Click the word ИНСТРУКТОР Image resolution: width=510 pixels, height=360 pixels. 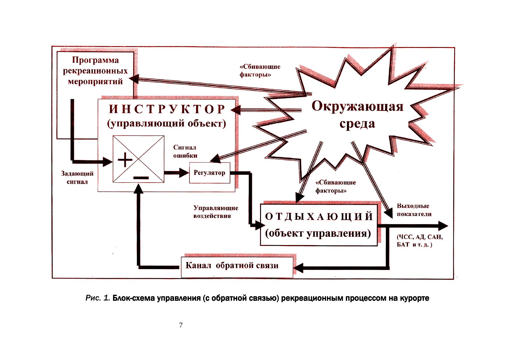pos(167,109)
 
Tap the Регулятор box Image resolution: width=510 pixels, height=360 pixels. pos(210,173)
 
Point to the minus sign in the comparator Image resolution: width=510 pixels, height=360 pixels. pos(141,177)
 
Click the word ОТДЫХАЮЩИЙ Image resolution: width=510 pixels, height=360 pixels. pos(319,217)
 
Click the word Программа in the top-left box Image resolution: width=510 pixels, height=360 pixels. pos(95,60)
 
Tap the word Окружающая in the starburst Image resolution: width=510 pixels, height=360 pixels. pos(357,106)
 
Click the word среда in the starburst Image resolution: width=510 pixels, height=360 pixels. pos(357,124)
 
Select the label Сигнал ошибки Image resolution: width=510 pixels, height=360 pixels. pos(185,152)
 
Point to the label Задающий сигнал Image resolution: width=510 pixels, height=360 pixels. pos(77,178)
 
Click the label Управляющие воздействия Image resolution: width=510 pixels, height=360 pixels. pos(216,212)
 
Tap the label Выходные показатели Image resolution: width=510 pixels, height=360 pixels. pos(414,210)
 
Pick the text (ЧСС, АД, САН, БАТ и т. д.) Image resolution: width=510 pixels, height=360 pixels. pos(420,241)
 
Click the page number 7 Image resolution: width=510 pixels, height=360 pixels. pos(181,325)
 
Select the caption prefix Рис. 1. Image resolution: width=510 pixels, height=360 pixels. pos(97,298)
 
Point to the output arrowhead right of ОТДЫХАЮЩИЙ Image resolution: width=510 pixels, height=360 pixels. pos(443,226)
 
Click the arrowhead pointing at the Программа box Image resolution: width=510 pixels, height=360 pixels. pos(134,78)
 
